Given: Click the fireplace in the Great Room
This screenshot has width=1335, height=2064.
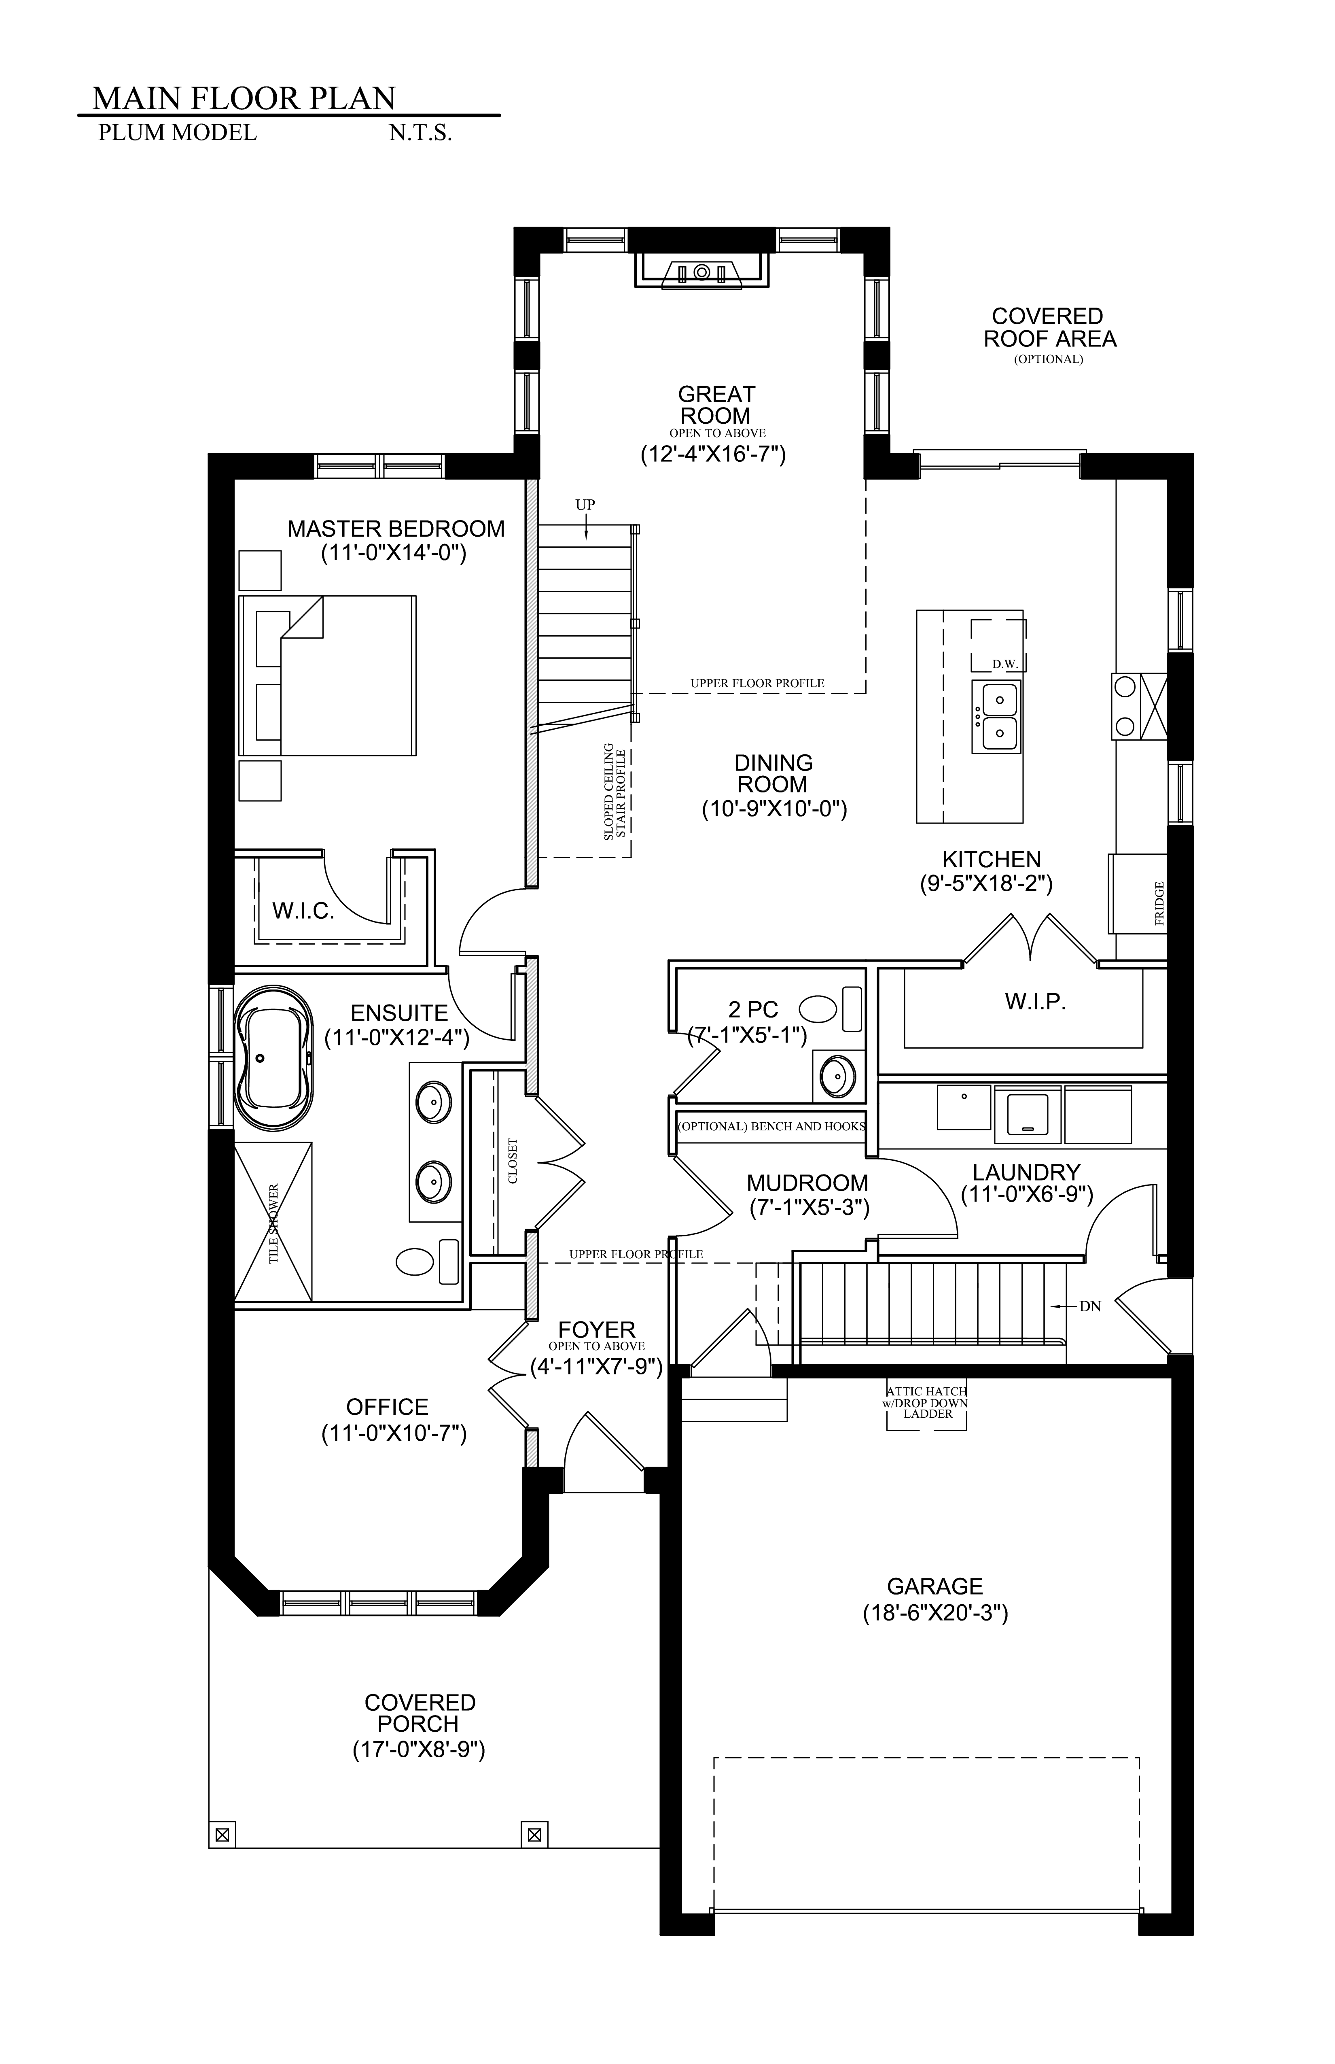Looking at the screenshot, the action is (702, 271).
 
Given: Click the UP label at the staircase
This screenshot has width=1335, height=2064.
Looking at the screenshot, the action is (585, 505).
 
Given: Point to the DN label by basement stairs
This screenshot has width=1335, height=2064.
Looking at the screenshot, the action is (1090, 1306).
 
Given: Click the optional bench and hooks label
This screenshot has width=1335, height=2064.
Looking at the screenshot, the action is (771, 1127).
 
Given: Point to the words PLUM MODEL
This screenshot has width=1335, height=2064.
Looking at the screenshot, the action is (178, 133).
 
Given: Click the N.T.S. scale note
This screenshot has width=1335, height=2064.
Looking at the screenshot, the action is (420, 134).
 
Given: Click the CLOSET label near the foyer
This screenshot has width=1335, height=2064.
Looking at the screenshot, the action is (512, 1161).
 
